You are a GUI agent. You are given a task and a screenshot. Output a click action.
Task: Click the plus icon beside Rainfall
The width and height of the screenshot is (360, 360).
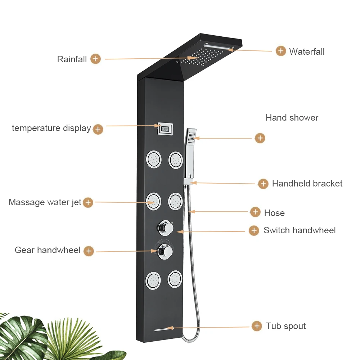(95, 59)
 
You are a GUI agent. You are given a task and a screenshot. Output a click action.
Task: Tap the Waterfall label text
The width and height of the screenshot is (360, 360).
(307, 51)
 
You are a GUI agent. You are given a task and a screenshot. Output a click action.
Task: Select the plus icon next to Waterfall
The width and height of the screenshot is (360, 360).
(281, 51)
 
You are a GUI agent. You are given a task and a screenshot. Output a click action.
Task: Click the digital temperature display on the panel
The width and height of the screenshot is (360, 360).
(165, 128)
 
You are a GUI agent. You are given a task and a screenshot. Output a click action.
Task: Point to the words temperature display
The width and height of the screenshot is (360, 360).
(51, 128)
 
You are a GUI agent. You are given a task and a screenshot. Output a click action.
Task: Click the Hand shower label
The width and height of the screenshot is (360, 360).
(292, 117)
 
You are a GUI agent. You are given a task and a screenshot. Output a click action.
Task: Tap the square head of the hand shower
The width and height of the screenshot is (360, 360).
(192, 136)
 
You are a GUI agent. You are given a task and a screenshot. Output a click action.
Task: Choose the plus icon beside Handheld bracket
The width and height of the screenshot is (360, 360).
(264, 184)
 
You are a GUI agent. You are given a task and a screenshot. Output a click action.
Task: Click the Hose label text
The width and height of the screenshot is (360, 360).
(274, 213)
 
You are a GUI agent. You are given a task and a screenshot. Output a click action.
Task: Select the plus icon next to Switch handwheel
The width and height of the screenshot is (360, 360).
(254, 230)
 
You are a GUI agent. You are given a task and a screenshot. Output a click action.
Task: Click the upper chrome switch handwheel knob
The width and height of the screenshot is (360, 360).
(165, 227)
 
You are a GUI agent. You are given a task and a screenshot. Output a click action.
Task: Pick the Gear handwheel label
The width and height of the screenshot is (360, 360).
(48, 250)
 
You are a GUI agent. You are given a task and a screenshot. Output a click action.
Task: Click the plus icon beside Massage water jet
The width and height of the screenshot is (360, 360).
(88, 202)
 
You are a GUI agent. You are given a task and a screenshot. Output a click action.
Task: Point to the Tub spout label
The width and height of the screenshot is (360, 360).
(286, 326)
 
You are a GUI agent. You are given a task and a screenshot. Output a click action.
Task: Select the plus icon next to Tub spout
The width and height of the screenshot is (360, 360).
(257, 326)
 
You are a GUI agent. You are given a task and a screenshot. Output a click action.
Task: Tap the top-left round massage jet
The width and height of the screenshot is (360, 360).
(153, 159)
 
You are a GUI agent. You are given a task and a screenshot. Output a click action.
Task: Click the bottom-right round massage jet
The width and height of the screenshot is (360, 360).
(175, 279)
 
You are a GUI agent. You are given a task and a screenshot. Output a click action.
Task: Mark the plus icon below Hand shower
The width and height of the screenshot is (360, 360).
(260, 138)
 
